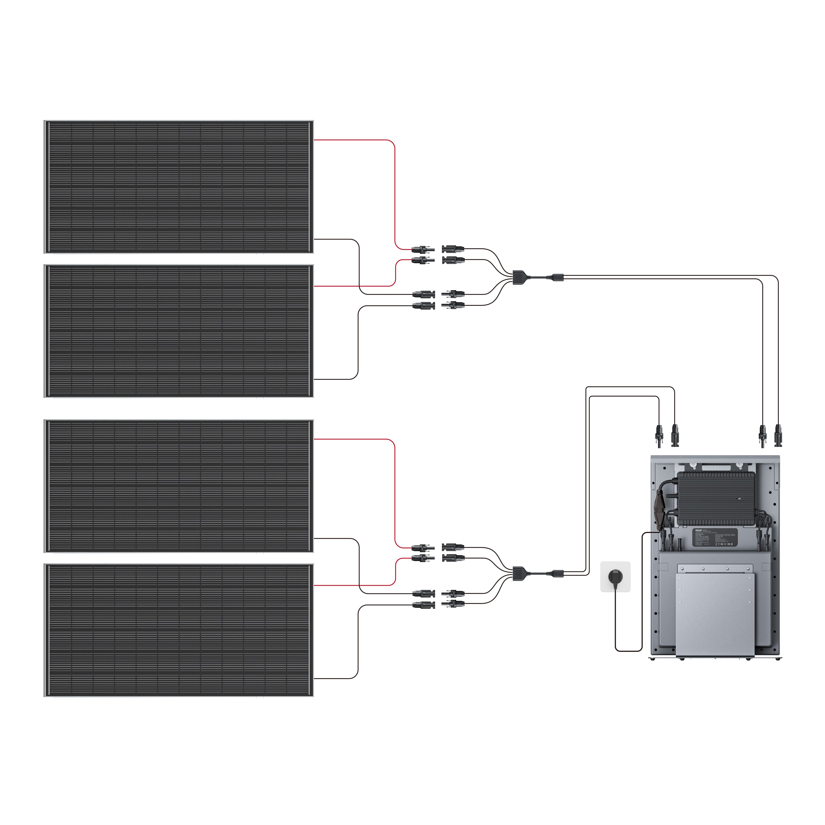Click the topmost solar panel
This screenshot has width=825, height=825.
coord(178,187)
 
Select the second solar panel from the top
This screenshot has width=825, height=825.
coord(178,331)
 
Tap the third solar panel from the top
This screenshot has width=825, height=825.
coord(178,486)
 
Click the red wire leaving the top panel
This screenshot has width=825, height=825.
coord(394,192)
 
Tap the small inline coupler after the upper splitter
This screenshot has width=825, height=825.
coord(558,277)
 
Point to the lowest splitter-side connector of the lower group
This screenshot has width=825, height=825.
coord(453,604)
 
